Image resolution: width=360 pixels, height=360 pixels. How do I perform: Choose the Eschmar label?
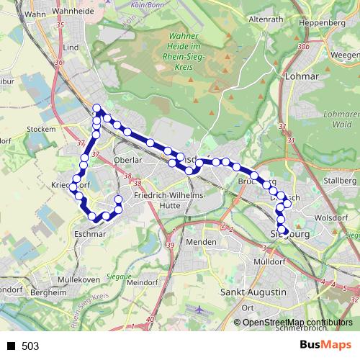tap(90, 234)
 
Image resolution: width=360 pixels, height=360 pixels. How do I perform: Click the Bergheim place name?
tap(50, 293)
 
